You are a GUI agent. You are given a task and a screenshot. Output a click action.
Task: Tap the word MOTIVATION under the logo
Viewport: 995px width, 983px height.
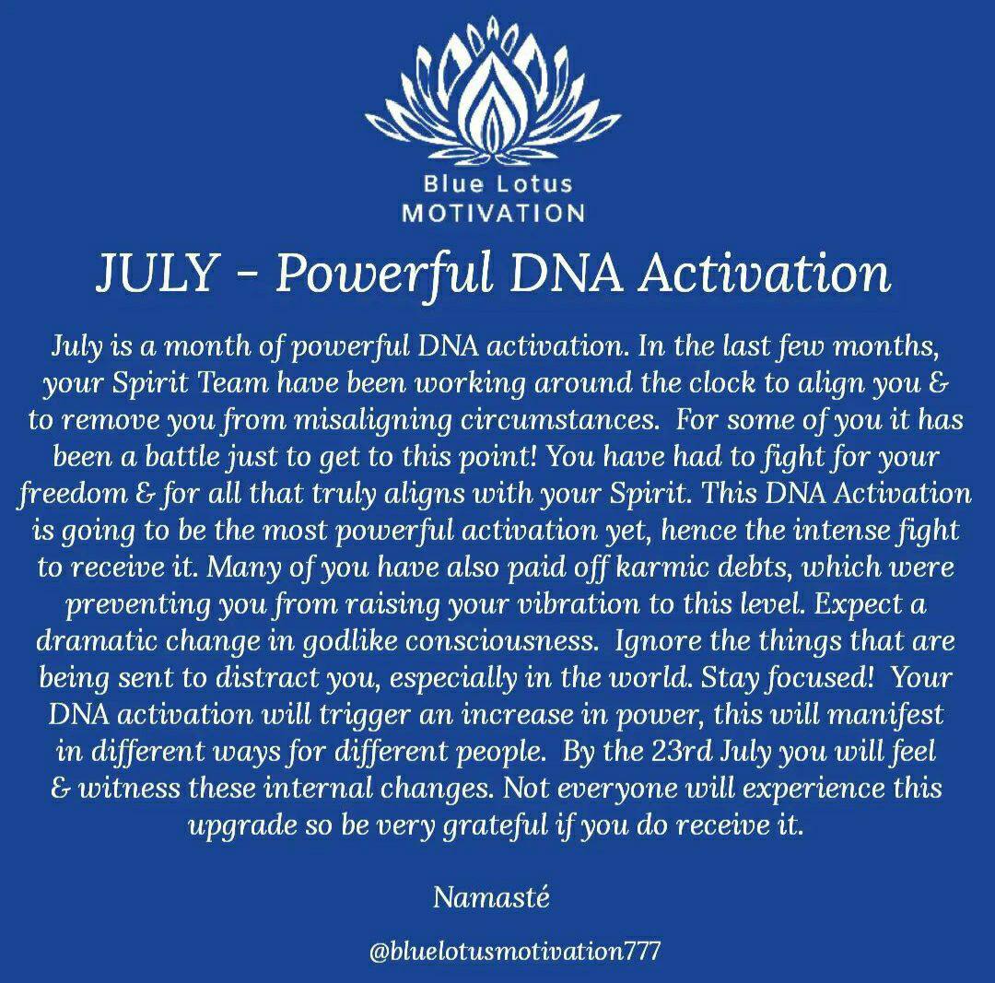coord(494,213)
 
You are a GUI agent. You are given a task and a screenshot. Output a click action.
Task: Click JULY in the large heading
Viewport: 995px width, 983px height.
coord(158,273)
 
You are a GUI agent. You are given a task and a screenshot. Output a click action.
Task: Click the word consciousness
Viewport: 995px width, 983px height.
coord(502,641)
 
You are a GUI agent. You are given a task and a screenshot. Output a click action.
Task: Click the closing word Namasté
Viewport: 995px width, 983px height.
coord(491,897)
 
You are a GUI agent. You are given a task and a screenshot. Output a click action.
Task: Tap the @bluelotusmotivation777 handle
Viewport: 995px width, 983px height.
coord(515,951)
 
